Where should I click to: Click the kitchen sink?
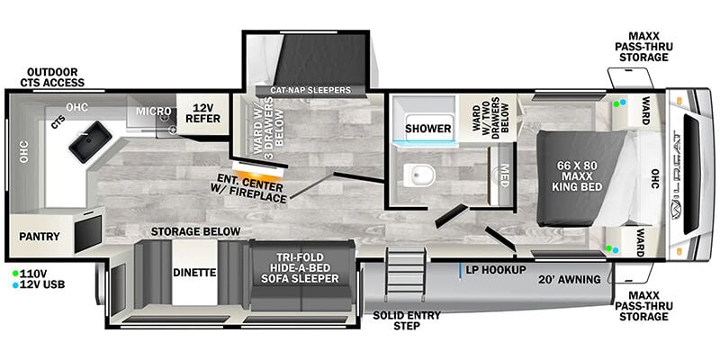(91, 141)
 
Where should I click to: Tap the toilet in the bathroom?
(419, 175)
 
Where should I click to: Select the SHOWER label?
(428, 129)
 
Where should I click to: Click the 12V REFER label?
(202, 113)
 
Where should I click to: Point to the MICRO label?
(153, 111)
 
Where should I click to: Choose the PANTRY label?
(40, 237)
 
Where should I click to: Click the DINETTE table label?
(194, 273)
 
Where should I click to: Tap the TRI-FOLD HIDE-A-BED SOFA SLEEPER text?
(301, 268)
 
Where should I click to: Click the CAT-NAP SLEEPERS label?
(310, 90)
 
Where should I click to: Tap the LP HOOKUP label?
(496, 270)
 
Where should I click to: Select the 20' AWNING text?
(570, 279)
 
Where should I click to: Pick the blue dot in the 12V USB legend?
(15, 285)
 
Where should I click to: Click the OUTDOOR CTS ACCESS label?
(52, 77)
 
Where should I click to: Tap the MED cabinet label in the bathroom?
(504, 175)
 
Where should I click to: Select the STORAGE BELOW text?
(195, 231)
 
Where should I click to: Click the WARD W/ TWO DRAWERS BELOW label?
(490, 115)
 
